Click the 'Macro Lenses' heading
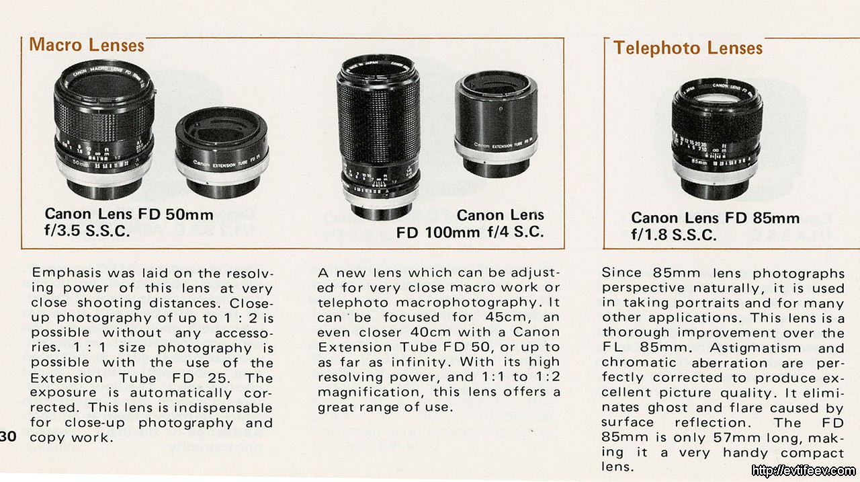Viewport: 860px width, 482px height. pyautogui.click(x=87, y=45)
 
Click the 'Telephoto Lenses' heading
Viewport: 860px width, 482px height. pyautogui.click(x=688, y=48)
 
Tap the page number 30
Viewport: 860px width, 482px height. pyautogui.click(x=8, y=436)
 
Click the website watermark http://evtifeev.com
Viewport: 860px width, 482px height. pyautogui.click(x=804, y=471)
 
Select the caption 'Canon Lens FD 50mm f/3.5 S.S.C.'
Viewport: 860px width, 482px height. pyautogui.click(x=128, y=223)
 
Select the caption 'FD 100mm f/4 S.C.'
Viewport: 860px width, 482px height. pyautogui.click(x=470, y=233)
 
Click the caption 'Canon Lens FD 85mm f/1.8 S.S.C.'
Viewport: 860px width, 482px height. pyautogui.click(x=715, y=227)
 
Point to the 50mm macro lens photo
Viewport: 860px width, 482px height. pyautogui.click(x=104, y=130)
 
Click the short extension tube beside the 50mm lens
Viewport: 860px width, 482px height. pyautogui.click(x=222, y=153)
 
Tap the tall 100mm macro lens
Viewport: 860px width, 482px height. pyautogui.click(x=378, y=137)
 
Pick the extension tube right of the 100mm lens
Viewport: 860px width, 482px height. pyautogui.click(x=496, y=124)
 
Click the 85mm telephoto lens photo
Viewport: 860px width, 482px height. pyautogui.click(x=717, y=139)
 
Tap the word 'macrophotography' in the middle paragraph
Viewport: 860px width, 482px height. pyautogui.click(x=466, y=303)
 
